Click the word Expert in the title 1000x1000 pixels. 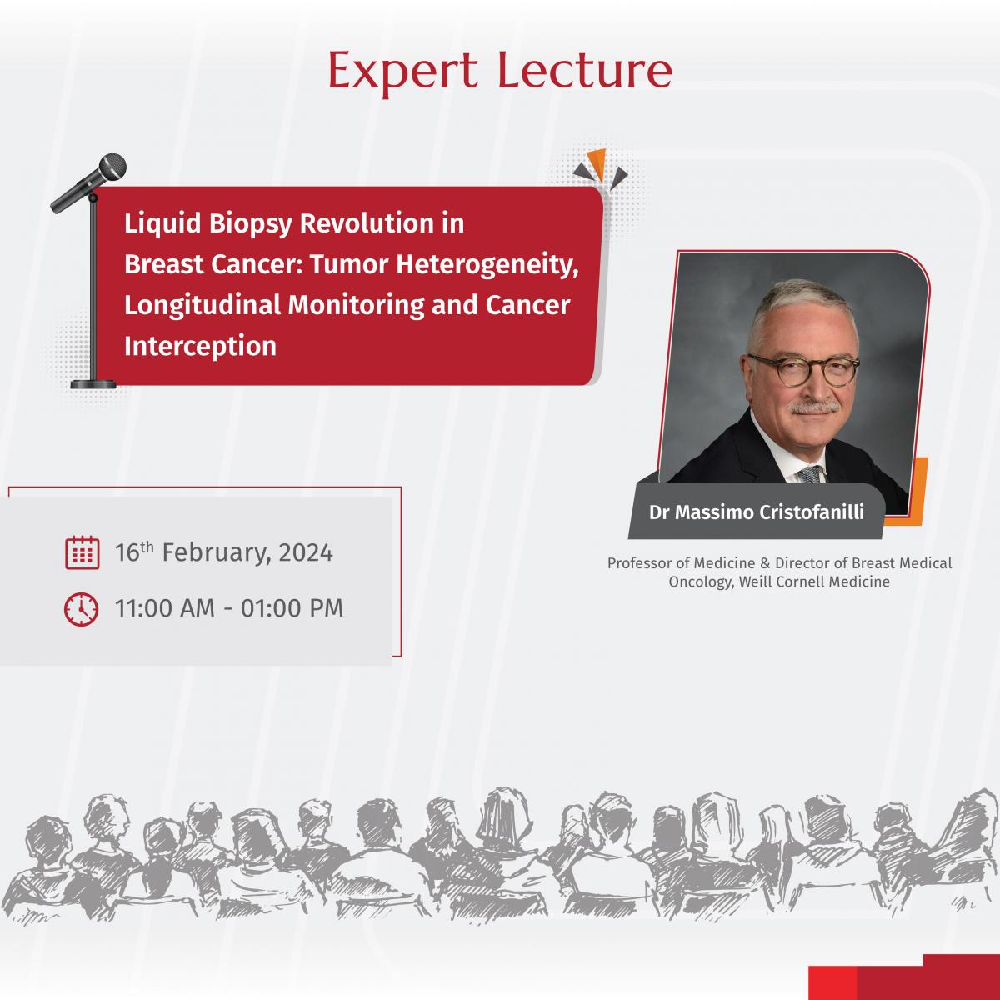click(x=402, y=72)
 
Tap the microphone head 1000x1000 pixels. click(x=112, y=167)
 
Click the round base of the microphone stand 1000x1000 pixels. click(x=93, y=384)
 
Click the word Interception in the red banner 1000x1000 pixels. click(x=200, y=346)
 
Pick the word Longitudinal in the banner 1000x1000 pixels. click(x=202, y=306)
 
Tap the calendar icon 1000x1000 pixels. click(x=82, y=552)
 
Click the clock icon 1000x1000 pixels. click(x=81, y=608)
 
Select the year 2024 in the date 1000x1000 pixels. click(x=306, y=552)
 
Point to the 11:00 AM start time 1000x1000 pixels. click(x=164, y=608)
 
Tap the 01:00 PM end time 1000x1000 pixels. click(x=292, y=608)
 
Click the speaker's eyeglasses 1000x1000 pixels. click(x=803, y=370)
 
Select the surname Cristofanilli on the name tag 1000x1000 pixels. click(x=812, y=512)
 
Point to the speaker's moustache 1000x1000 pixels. click(x=813, y=407)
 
